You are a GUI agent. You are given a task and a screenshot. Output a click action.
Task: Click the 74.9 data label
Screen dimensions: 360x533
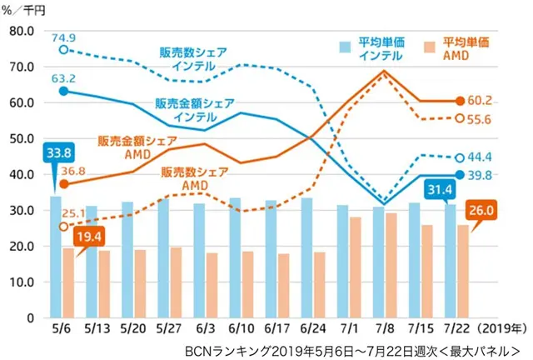[x=64, y=38]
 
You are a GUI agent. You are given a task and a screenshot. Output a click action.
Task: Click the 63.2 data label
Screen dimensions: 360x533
[x=64, y=79]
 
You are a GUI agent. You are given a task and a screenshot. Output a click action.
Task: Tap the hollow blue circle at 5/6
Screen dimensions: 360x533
[x=63, y=50]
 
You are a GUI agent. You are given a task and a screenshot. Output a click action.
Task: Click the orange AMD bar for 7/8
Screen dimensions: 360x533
[x=390, y=265]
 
